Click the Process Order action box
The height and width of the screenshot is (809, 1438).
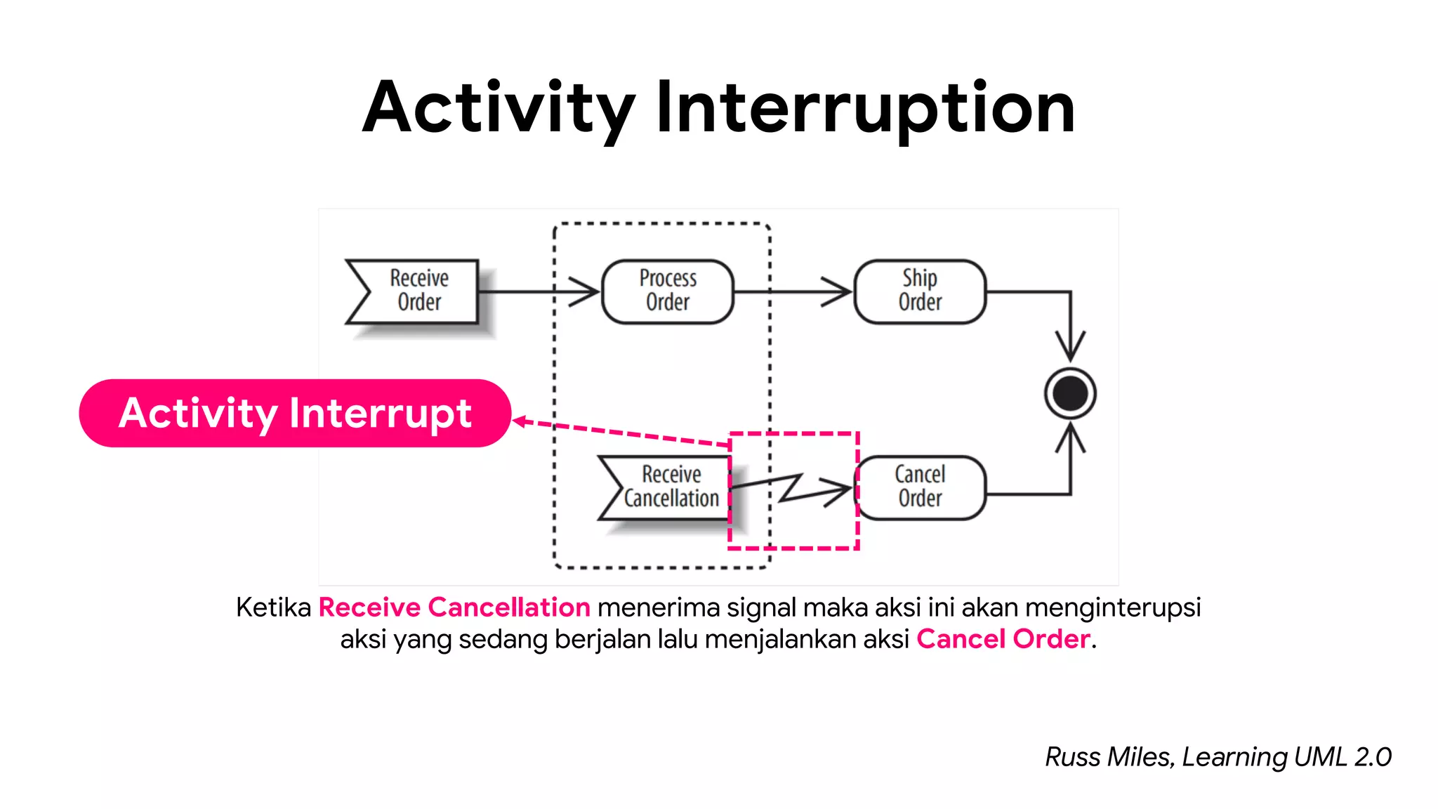[x=668, y=291]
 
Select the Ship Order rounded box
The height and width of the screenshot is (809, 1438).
[x=920, y=291]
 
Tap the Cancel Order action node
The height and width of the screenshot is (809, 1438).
[x=920, y=487]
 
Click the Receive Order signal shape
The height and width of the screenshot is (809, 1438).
[x=414, y=291]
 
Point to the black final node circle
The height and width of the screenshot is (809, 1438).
[x=1069, y=393]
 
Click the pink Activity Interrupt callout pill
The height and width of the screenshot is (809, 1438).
[x=295, y=413]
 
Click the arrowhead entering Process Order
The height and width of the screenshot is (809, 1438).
[x=586, y=291]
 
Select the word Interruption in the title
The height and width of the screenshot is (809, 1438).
[x=865, y=109]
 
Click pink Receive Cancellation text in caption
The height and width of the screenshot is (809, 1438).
[x=454, y=607]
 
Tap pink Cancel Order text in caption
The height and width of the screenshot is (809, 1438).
[x=1003, y=639]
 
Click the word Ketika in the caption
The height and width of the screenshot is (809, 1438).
[x=273, y=607]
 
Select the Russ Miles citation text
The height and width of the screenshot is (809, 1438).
[x=1218, y=757]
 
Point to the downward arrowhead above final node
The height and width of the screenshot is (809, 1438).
[x=1070, y=347]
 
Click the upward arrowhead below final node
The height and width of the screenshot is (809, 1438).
[x=1070, y=438]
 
